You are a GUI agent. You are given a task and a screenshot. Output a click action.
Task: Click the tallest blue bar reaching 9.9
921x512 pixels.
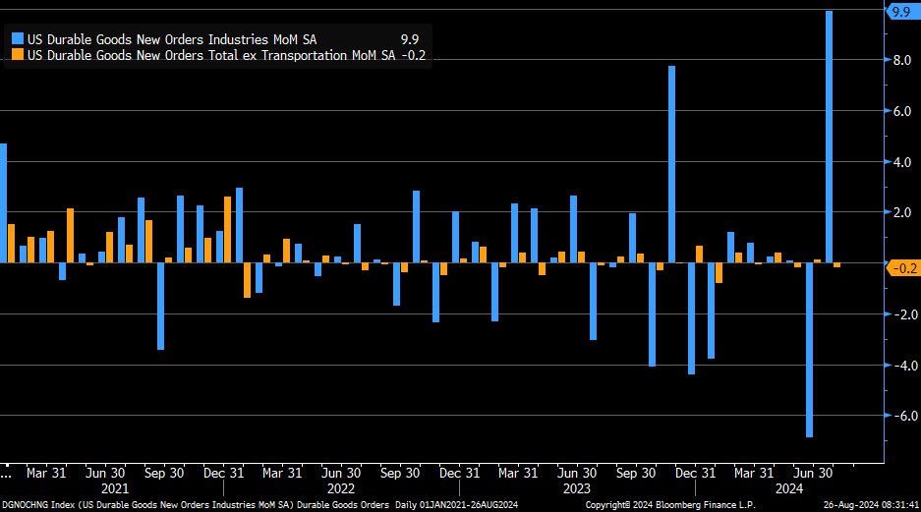click(830, 137)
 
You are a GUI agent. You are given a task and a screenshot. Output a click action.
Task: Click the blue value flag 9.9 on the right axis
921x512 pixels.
click(901, 12)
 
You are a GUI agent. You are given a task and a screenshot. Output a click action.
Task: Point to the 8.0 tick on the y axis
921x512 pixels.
click(899, 60)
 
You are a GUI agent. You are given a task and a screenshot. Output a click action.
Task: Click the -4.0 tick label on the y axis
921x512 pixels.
click(899, 365)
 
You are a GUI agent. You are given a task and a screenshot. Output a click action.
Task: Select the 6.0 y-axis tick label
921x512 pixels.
click(899, 111)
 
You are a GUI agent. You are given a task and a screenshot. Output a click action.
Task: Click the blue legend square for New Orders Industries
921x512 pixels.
click(18, 39)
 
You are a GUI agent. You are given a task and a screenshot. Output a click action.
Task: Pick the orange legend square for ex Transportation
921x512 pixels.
click(18, 55)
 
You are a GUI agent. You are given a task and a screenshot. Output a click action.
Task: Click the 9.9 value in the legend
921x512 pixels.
click(409, 39)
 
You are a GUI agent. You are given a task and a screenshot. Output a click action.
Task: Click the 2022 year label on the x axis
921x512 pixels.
click(340, 487)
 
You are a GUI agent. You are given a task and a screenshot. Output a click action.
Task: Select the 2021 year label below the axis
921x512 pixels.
click(115, 487)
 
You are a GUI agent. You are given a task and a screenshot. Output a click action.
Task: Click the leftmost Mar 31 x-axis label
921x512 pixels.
click(45, 472)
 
